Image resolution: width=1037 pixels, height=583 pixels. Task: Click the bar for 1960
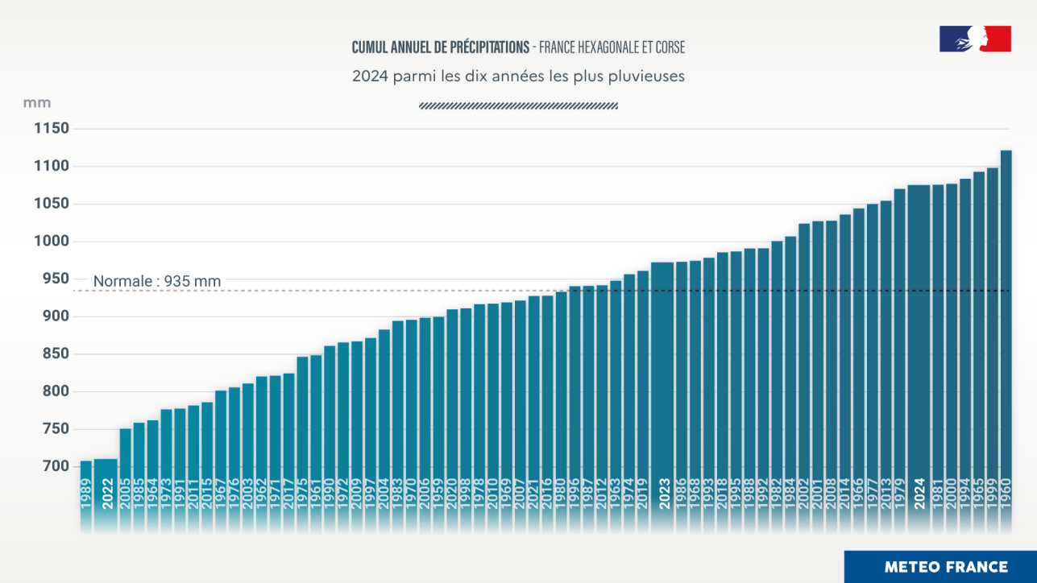[1006, 322]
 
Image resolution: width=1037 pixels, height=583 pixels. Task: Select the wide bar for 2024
[919, 338]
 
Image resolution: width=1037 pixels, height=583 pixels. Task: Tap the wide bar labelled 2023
[662, 378]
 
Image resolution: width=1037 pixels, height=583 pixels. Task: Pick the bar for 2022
[106, 483]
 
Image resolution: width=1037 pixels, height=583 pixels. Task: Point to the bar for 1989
[85, 483]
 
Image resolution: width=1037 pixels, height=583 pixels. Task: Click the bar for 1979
[899, 338]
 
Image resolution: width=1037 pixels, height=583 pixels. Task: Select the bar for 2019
[643, 378]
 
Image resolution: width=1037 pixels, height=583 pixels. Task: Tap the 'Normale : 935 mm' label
[157, 281]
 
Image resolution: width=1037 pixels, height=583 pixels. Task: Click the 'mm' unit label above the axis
[37, 103]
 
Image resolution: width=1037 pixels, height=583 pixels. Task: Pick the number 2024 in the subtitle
[367, 76]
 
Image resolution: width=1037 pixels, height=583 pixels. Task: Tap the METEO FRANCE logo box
[940, 567]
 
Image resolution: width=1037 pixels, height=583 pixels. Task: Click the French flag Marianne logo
[975, 39]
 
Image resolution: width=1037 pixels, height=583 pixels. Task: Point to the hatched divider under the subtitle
[518, 105]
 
